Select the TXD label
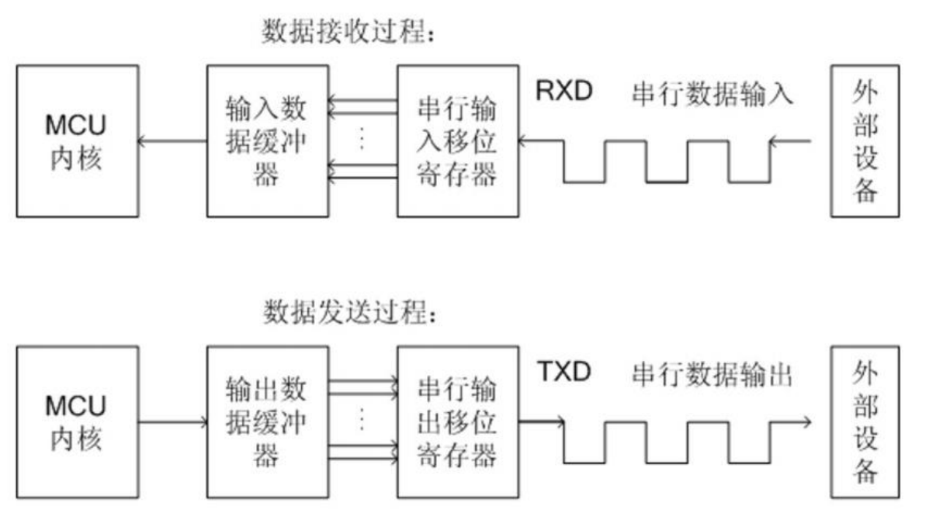pos(563,373)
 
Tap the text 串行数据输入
pos(712,94)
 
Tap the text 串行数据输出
pos(712,375)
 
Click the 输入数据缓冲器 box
pos(266,140)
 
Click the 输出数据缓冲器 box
pos(266,422)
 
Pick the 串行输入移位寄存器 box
pos(457,140)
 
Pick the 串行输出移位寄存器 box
pos(457,422)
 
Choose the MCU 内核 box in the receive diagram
pos(77,140)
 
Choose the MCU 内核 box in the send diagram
pos(77,422)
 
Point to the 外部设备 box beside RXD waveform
pos(865,140)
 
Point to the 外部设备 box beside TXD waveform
pos(865,422)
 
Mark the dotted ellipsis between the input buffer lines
pos(361,138)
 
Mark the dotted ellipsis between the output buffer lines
pos(361,420)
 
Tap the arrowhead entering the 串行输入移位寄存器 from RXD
pos(523,141)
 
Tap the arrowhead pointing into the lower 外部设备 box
pos(807,422)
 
